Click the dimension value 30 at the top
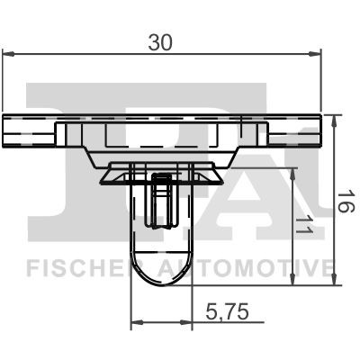pyautogui.click(x=162, y=40)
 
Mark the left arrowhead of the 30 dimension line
pyautogui.click(x=9, y=56)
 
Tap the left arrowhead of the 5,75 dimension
pyautogui.click(x=137, y=322)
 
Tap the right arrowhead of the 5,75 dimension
pyautogui.click(x=189, y=322)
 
